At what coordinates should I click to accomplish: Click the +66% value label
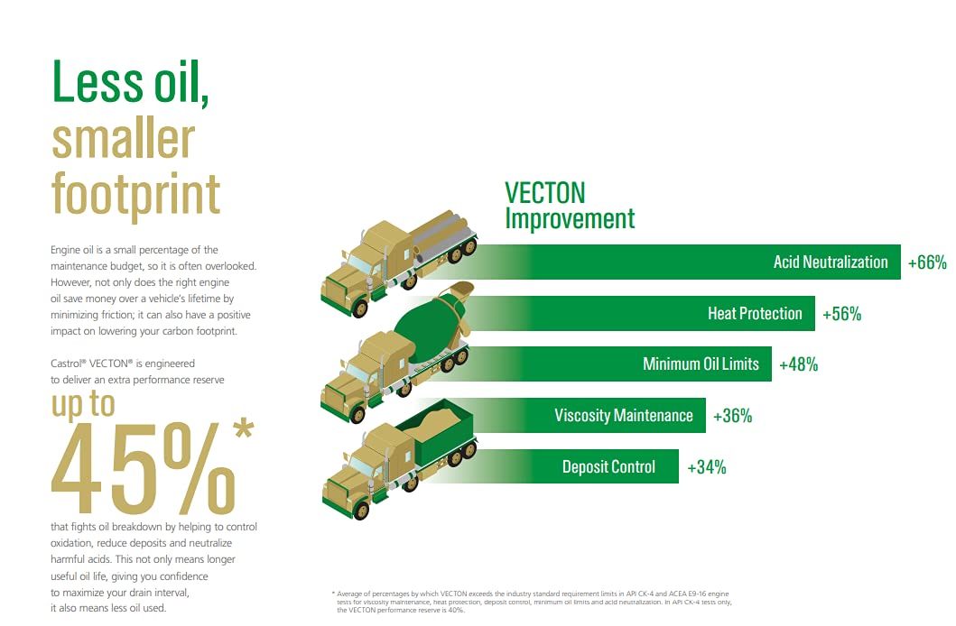[927, 262]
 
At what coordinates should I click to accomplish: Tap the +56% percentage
[841, 314]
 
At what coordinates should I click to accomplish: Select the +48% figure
[798, 364]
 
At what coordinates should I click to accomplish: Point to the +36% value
[732, 416]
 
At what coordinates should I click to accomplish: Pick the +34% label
[707, 467]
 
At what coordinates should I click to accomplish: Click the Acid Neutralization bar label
[831, 262]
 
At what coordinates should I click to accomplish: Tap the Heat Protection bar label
[755, 314]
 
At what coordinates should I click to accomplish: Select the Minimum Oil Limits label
[701, 364]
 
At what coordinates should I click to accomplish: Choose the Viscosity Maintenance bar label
[623, 415]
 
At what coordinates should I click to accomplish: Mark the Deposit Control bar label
[608, 467]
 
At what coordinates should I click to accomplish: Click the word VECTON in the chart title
[544, 193]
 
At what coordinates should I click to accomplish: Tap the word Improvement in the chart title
[570, 218]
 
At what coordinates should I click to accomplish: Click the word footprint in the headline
[135, 195]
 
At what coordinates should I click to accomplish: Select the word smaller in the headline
[123, 140]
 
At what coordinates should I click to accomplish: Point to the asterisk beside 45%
[243, 428]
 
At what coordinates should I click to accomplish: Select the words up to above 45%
[83, 404]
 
